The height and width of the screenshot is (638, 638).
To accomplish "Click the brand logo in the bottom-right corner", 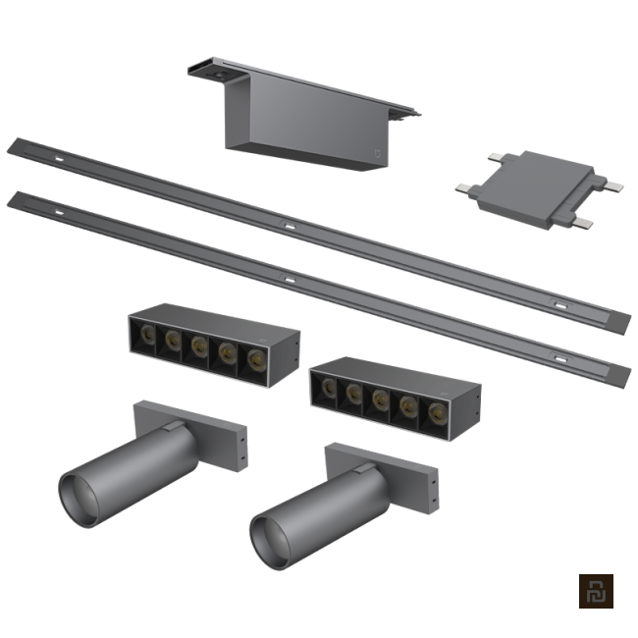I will (595, 592).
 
